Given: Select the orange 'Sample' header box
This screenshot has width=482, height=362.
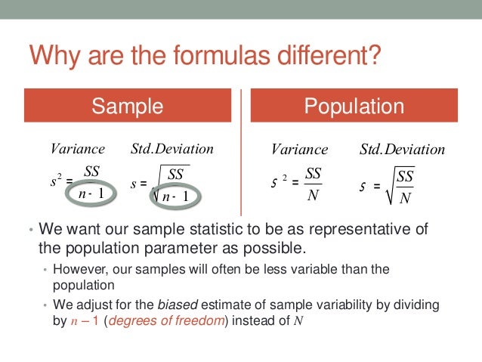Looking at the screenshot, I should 127,107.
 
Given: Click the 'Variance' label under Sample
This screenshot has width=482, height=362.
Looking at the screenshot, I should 77,149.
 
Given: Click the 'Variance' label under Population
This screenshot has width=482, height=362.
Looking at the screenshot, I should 299,150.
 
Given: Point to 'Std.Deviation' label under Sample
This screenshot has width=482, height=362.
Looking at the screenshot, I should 172,149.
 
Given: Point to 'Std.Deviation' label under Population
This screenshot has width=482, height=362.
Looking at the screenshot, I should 403,150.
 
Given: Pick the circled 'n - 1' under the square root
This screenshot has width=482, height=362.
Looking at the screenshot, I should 179,196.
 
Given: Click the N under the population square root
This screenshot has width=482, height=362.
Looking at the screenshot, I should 405,198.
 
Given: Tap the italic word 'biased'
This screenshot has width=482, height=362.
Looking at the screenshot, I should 174,305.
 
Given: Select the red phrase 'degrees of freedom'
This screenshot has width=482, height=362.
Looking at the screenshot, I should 151,320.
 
